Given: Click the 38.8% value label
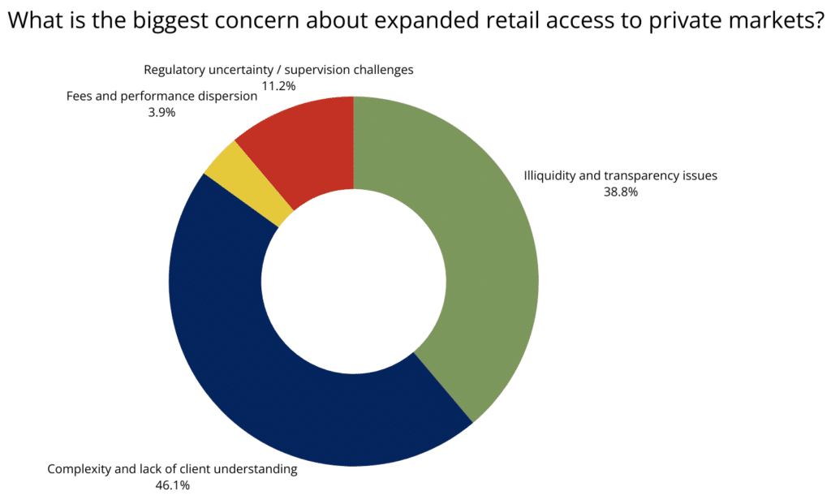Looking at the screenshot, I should (x=621, y=192).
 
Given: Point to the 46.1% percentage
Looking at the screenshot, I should (x=172, y=485).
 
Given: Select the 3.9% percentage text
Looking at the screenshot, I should (x=161, y=113).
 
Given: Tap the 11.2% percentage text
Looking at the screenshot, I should (x=278, y=86).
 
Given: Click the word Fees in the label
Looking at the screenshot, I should (x=80, y=97).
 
